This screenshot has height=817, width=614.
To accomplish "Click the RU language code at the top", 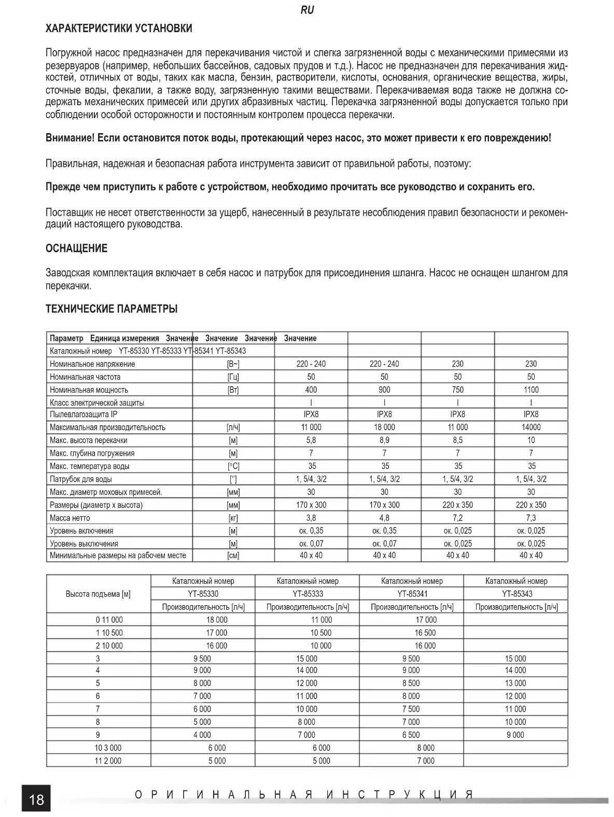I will (307, 10).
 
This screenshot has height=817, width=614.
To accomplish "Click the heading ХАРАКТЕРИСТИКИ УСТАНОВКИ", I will (119, 28).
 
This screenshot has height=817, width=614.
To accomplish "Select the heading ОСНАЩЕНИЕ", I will (76, 248).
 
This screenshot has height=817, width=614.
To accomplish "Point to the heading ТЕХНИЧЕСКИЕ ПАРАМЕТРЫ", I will (111, 309).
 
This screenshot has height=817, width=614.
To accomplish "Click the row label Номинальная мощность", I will (89, 390).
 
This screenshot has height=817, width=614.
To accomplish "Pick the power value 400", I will (311, 390).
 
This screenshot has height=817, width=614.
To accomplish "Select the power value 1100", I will (531, 390).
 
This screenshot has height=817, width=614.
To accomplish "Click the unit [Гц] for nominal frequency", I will (233, 377).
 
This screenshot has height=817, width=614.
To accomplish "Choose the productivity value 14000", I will (531, 427).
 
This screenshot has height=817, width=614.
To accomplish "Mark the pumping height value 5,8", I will (311, 440).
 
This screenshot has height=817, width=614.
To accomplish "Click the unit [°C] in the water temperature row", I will (233, 466).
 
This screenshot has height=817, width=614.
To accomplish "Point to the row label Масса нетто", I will (70, 518).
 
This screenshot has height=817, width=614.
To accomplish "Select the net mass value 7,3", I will (531, 518).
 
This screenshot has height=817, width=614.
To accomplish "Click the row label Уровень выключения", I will (84, 544).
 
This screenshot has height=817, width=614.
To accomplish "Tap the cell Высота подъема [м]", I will (98, 594).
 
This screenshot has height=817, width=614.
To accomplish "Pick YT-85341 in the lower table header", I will (412, 594).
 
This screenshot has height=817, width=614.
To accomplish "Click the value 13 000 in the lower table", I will (515, 683).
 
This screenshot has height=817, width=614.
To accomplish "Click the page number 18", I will (36, 799).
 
